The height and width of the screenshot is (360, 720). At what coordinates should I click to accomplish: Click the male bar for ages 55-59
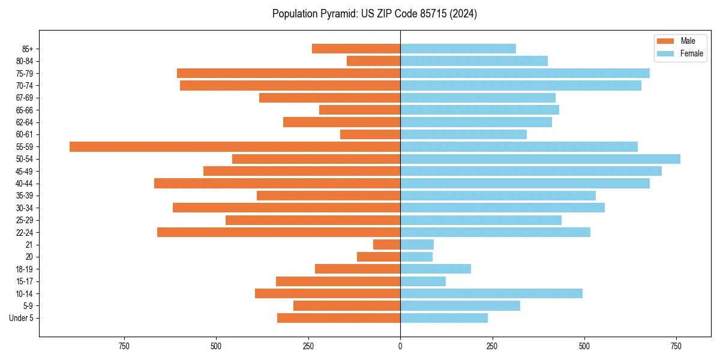[235, 146]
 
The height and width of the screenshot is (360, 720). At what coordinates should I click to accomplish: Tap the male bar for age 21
[386, 244]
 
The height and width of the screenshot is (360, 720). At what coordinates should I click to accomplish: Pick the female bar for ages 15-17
[423, 281]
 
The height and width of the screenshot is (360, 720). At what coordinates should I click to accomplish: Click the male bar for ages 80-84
[373, 61]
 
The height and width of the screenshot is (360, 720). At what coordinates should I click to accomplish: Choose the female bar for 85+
[458, 49]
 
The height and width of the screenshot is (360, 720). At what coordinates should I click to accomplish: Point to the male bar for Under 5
[338, 318]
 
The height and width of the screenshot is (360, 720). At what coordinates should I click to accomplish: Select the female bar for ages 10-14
[491, 293]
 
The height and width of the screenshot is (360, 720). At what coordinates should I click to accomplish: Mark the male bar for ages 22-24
[278, 232]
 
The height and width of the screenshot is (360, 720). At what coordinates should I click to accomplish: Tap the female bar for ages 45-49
[531, 171]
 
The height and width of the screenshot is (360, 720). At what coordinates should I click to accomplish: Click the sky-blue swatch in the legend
[665, 53]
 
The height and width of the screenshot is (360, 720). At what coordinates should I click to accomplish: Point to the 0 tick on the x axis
[400, 346]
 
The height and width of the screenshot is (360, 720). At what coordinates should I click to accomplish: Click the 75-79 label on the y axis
[25, 73]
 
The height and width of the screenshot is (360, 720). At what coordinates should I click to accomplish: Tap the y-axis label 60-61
[25, 134]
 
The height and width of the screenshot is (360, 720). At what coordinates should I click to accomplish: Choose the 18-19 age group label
[25, 269]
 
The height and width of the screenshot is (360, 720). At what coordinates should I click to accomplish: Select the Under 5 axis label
[21, 318]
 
